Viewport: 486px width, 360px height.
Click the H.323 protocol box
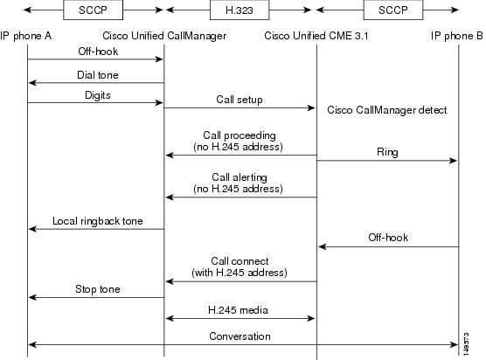(240, 10)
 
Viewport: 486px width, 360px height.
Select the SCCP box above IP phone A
(93, 10)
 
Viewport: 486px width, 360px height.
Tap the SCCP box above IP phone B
(393, 10)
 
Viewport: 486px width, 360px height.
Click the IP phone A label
(25, 36)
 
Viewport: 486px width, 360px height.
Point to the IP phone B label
(456, 36)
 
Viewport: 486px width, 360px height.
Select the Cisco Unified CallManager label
(164, 36)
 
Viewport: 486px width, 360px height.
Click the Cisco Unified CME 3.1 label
(316, 36)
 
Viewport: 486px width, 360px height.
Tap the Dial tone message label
(98, 75)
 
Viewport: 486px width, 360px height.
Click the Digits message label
(98, 95)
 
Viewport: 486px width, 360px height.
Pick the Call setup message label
(240, 100)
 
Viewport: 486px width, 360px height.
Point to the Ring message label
(387, 152)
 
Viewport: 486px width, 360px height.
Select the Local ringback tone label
(98, 221)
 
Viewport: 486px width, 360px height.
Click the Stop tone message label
(98, 289)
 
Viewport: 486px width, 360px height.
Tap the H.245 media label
(238, 310)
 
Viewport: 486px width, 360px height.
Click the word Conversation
(240, 336)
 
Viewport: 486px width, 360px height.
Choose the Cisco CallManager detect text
(387, 110)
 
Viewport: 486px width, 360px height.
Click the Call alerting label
(240, 177)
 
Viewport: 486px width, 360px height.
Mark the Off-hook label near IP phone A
(98, 52)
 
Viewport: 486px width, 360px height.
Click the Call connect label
(240, 261)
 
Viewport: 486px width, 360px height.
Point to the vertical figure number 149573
(466, 343)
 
